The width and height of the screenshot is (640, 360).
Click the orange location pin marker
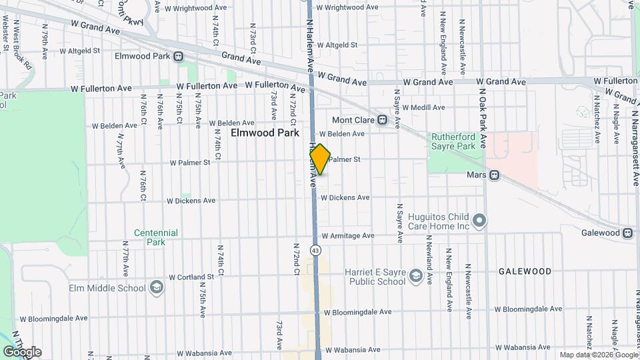(x=320, y=159)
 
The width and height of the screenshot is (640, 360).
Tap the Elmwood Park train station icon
(x=178, y=57)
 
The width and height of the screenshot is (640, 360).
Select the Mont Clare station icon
(x=382, y=120)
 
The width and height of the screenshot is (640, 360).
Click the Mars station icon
(x=494, y=175)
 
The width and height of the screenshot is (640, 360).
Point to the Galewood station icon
(x=627, y=233)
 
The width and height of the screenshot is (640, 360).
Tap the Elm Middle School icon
(x=157, y=288)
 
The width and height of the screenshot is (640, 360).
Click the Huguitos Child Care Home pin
(x=479, y=221)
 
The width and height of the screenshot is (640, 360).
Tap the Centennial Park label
(x=156, y=237)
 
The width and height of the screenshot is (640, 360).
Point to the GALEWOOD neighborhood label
(x=525, y=272)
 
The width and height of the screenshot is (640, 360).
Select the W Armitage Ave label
(x=348, y=236)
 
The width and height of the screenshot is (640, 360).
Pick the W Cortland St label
(x=191, y=277)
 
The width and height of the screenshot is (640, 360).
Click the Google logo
(x=22, y=352)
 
